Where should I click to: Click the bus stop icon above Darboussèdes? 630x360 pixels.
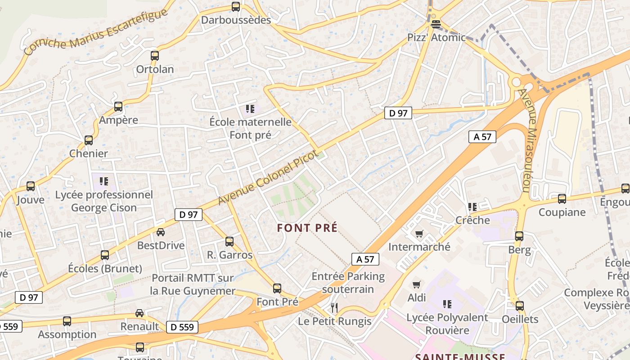[236, 7]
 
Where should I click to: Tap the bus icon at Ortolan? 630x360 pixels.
[155, 56]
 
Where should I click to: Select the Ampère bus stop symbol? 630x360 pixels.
[118, 107]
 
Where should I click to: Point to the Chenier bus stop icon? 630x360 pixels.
[89, 140]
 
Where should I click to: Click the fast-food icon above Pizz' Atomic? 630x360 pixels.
[435, 24]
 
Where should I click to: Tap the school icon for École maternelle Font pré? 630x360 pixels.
[250, 108]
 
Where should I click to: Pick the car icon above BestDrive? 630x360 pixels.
[161, 232]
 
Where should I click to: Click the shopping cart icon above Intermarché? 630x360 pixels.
[419, 234]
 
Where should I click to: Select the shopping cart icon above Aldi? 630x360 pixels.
[416, 284]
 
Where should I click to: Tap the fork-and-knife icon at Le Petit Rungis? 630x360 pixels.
[334, 308]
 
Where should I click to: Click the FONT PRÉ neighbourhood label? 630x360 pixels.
[307, 228]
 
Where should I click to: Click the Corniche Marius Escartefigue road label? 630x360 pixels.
[95, 32]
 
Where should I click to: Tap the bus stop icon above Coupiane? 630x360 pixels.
[562, 198]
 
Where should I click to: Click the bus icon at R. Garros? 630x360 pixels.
[229, 242]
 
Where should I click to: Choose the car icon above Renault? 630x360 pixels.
[140, 313]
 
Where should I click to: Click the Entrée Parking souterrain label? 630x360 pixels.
[348, 282]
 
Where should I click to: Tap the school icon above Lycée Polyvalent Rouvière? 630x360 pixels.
[447, 304]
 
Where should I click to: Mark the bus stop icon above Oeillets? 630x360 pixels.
[520, 306]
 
